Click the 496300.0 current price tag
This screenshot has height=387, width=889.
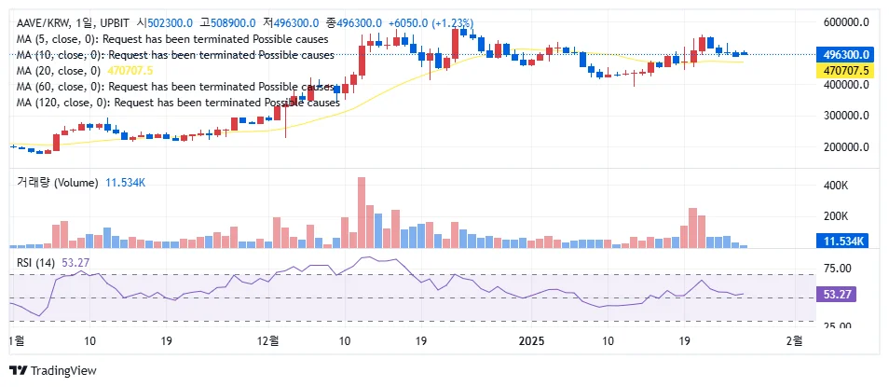click(x=841, y=55)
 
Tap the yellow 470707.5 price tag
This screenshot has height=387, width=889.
click(x=841, y=70)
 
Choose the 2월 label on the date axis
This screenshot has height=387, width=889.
click(x=794, y=341)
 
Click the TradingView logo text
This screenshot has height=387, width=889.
click(x=63, y=370)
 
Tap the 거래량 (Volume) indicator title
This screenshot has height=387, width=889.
click(x=57, y=183)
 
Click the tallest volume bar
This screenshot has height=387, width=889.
click(x=361, y=212)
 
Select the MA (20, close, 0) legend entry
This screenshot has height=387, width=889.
click(x=59, y=71)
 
